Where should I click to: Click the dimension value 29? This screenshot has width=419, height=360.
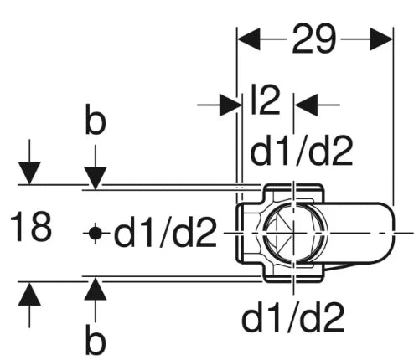[x=313, y=39]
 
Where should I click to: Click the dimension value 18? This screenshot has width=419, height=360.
[x=31, y=227]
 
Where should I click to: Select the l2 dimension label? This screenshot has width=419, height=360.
[x=266, y=100]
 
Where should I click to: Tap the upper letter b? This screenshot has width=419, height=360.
[x=96, y=119]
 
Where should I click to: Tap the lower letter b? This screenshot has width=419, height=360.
[x=96, y=340]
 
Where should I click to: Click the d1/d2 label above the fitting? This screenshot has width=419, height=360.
[x=302, y=151]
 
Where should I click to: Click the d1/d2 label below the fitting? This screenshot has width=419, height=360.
[x=292, y=317]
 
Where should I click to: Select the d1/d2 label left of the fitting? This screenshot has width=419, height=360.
[x=165, y=232]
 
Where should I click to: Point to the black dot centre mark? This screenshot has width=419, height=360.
[x=96, y=234]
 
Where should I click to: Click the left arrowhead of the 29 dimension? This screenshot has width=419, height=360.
[x=249, y=39]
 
